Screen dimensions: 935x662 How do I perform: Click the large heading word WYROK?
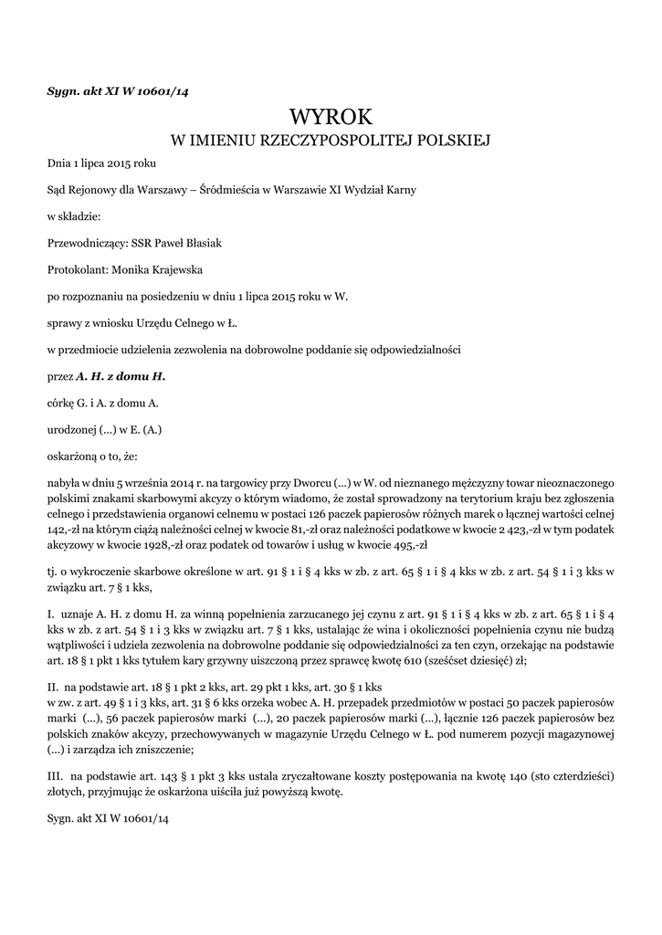click(x=331, y=117)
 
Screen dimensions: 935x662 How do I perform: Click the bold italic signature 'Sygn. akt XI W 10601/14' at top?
click(x=118, y=90)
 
